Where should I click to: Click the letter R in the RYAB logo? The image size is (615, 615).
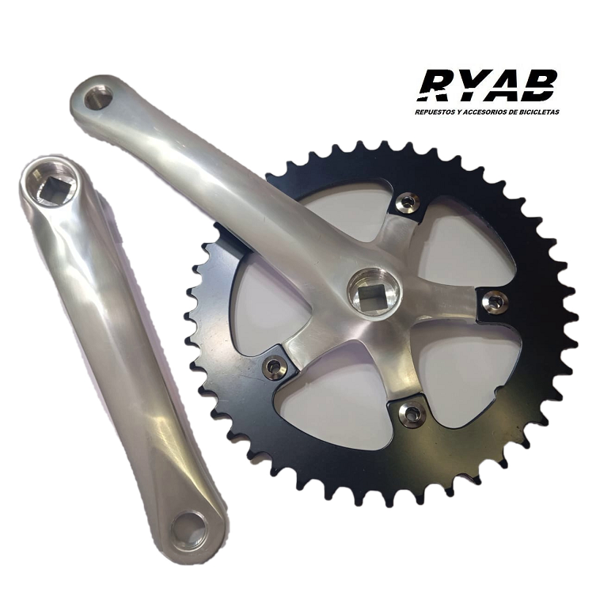[438, 86]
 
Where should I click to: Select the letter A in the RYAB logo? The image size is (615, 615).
[503, 86]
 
